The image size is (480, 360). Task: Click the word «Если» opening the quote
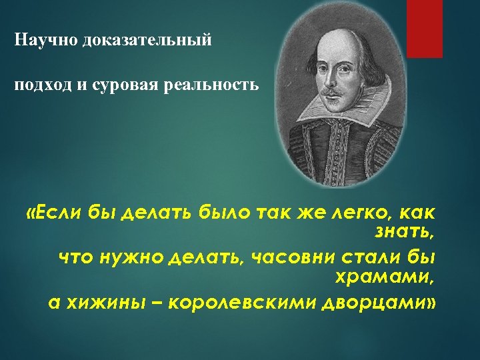click(57, 213)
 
